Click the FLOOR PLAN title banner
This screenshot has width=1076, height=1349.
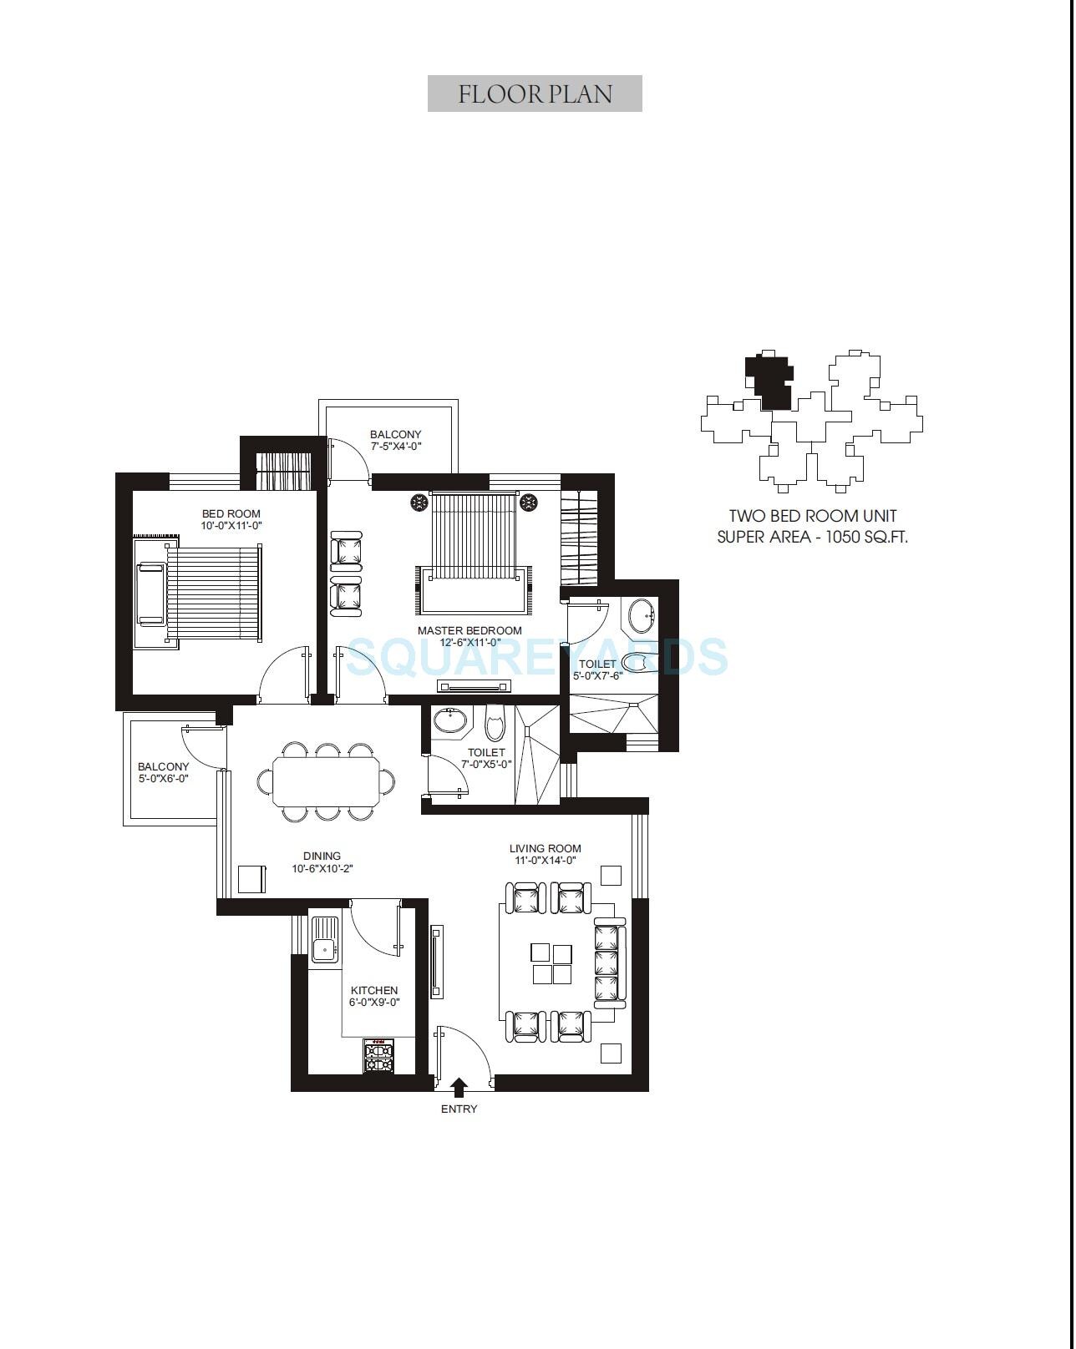[x=535, y=93]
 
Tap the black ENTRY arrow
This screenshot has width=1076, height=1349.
[x=459, y=1087]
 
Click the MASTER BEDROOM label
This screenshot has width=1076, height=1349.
[x=469, y=631]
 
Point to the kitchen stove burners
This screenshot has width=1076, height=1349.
[x=379, y=1057]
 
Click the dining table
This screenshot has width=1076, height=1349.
[x=326, y=781]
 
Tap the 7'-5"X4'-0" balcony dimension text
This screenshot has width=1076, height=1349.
[x=396, y=447]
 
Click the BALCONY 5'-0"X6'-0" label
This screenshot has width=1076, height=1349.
[x=163, y=772]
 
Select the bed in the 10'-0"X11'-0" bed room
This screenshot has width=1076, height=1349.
[x=213, y=594]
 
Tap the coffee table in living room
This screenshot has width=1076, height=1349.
[x=551, y=963]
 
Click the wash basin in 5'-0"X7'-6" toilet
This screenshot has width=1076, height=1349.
[x=642, y=616]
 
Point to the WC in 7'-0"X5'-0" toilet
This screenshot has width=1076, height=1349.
[x=495, y=724]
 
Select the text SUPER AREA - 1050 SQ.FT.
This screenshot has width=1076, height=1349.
[x=812, y=537]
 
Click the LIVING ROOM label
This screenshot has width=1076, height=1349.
[x=545, y=849]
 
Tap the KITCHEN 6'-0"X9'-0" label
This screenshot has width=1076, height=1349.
[x=374, y=996]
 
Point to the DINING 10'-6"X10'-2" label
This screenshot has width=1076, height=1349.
[x=322, y=862]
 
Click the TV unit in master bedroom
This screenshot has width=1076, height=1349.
[x=474, y=687]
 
